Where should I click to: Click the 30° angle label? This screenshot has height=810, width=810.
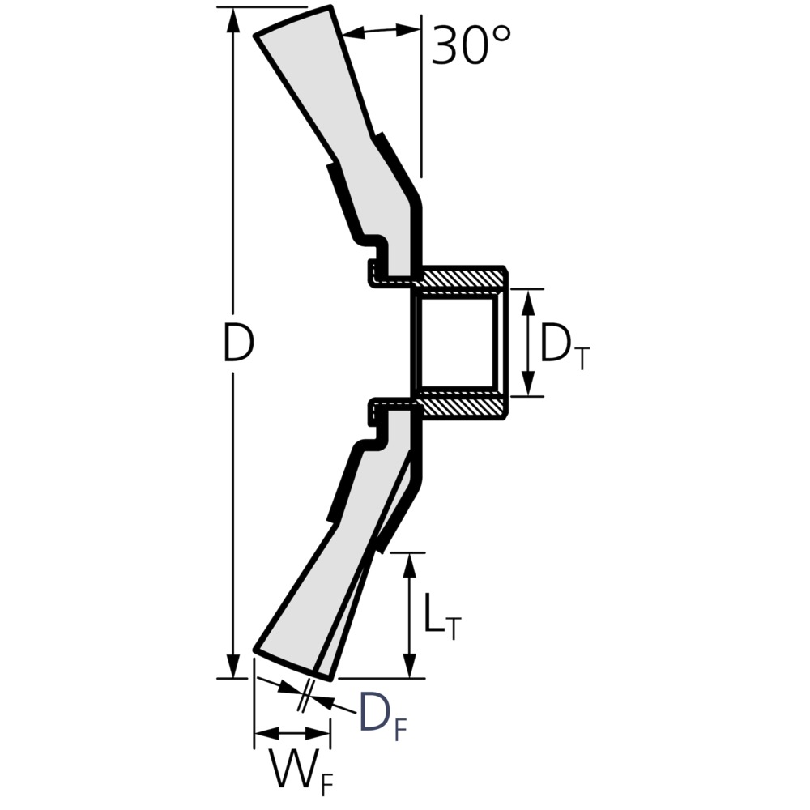pyautogui.click(x=471, y=45)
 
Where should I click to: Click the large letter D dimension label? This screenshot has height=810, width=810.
pyautogui.click(x=238, y=342)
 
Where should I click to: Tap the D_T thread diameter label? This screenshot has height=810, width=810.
pyautogui.click(x=564, y=345)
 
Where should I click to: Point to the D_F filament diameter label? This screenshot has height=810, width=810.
pyautogui.click(x=383, y=715)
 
